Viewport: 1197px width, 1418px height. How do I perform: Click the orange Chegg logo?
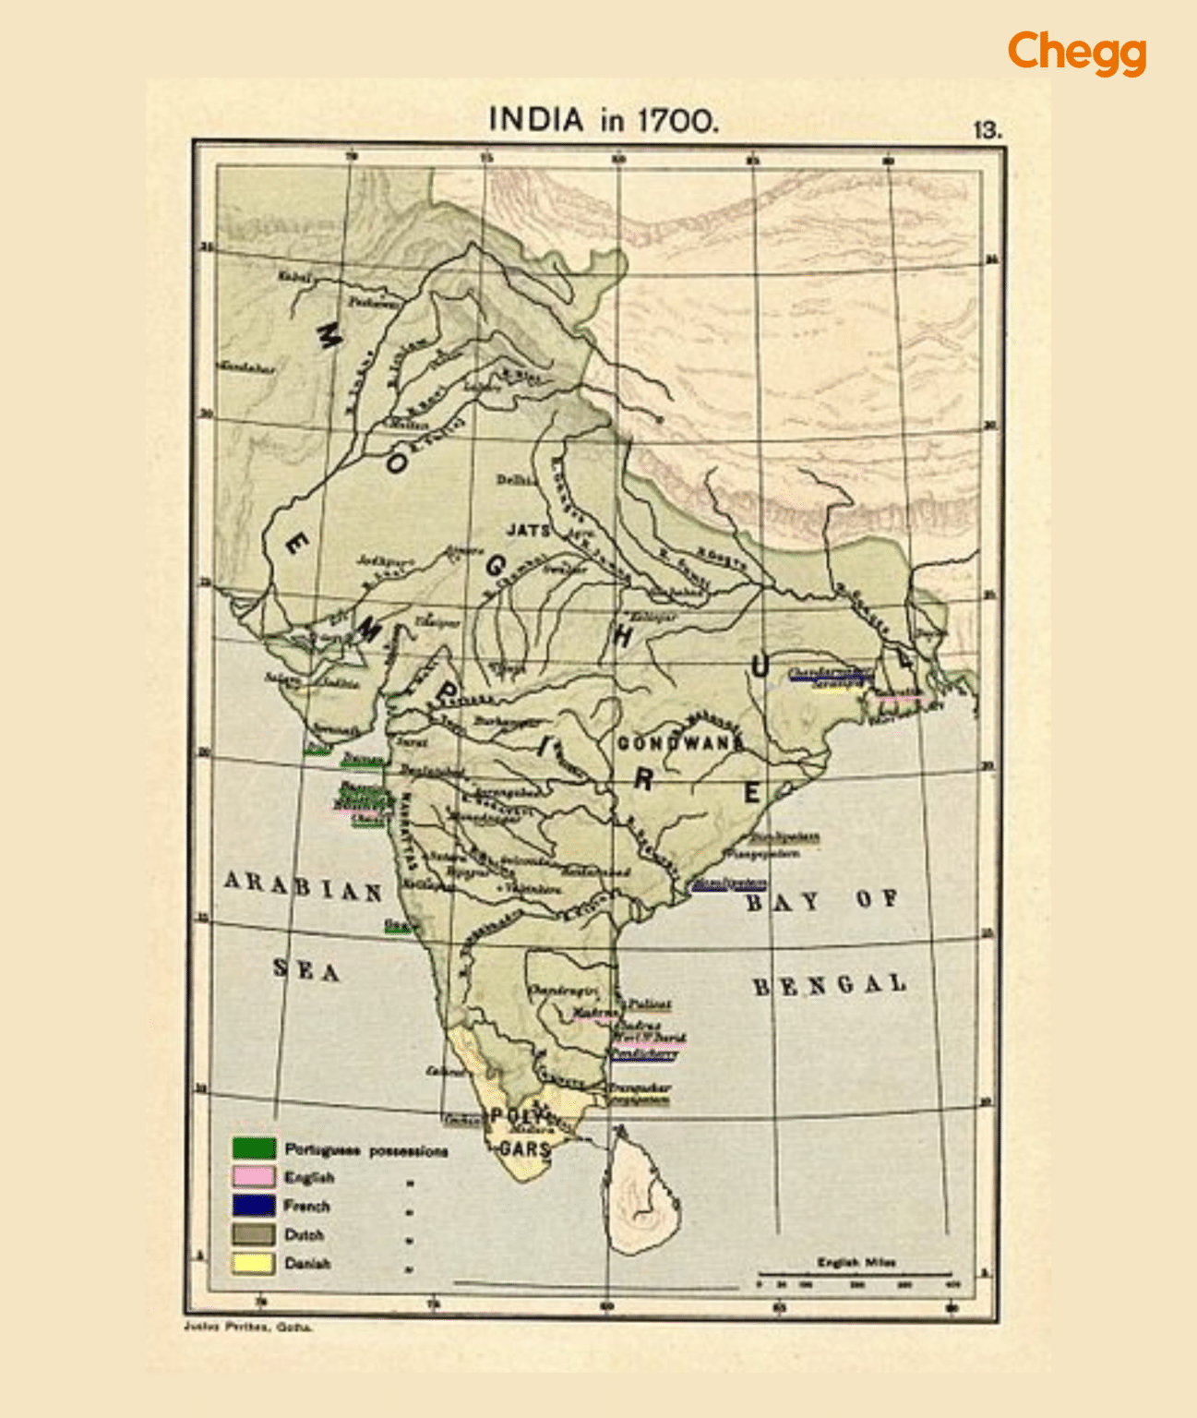[x=1076, y=52]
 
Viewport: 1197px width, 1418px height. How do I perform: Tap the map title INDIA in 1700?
[x=603, y=120]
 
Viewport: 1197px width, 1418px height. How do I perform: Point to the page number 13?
[x=987, y=130]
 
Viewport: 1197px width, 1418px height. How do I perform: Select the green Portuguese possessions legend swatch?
[x=254, y=1148]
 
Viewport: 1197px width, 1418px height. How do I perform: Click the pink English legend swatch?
[x=254, y=1177]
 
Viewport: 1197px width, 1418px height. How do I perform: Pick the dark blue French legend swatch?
[x=254, y=1206]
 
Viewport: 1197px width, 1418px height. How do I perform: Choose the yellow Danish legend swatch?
[x=254, y=1263]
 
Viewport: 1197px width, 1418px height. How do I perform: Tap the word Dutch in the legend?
[x=304, y=1235]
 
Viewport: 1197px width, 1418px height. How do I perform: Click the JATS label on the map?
[x=528, y=531]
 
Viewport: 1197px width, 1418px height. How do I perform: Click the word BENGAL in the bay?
[x=829, y=986]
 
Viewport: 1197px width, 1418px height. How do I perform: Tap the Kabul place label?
[x=295, y=276]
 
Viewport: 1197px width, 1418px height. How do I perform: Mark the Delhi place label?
[x=515, y=480]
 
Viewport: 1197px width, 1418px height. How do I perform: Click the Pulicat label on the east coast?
[x=650, y=1003]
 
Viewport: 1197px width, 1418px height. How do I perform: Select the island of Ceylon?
[x=646, y=1196]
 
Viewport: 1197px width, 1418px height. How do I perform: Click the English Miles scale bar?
[x=855, y=1275]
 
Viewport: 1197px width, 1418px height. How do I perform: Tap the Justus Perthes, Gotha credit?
[x=248, y=1328]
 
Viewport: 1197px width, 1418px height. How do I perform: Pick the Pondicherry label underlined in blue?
[x=643, y=1053]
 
